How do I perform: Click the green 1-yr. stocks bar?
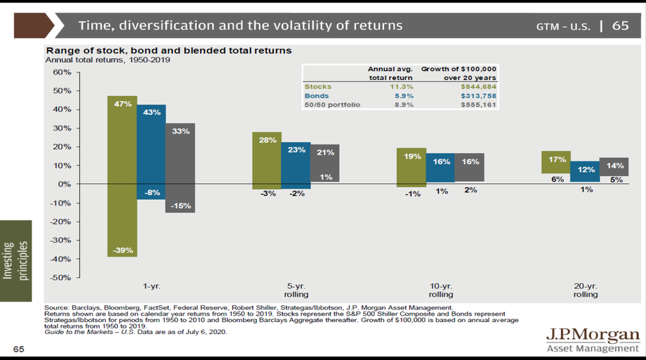[x=122, y=175]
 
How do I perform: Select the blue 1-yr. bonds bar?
[x=151, y=152]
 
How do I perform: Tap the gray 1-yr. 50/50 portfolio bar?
[x=180, y=168]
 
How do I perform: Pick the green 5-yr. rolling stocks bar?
[x=267, y=161]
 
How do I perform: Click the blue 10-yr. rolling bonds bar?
[x=441, y=168]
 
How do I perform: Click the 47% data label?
[x=122, y=103]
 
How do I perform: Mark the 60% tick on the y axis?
[x=60, y=72]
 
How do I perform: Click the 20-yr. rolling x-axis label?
[x=585, y=290]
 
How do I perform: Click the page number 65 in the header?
[x=620, y=25]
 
